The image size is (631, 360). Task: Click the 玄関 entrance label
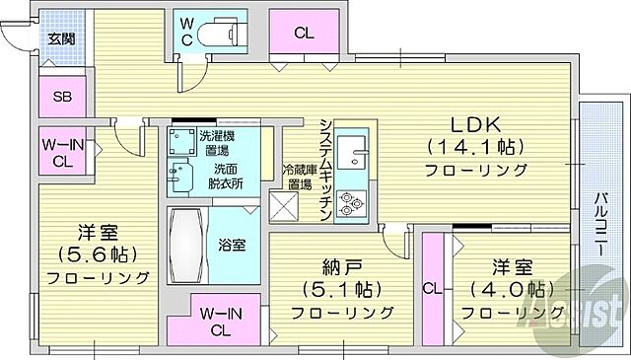(x=62, y=39)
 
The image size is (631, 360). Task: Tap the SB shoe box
(x=62, y=96)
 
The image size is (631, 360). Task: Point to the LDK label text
(x=476, y=125)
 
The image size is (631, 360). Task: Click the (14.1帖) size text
(x=476, y=147)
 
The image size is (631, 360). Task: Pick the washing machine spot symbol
(x=182, y=138)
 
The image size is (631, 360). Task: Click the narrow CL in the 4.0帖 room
(x=432, y=289)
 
